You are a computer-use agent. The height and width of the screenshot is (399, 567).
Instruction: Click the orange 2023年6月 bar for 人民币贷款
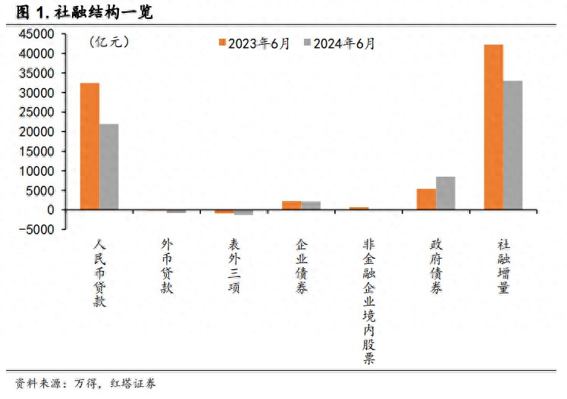pyautogui.click(x=89, y=146)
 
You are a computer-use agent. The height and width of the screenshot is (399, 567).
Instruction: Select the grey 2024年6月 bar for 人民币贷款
pyautogui.click(x=108, y=167)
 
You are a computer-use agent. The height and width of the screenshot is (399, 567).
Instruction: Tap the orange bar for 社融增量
pyautogui.click(x=493, y=127)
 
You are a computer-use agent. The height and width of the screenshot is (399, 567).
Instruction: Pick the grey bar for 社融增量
pyautogui.click(x=513, y=145)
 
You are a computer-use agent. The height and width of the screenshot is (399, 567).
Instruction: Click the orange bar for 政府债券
pyautogui.click(x=426, y=199)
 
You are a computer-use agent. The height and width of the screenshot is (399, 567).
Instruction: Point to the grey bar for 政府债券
pyautogui.click(x=446, y=193)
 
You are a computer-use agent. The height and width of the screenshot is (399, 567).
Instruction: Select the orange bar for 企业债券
pyautogui.click(x=291, y=205)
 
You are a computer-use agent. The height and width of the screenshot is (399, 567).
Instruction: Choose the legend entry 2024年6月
pyautogui.click(x=340, y=43)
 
